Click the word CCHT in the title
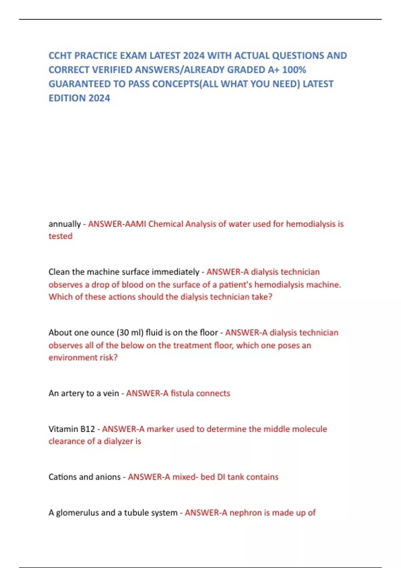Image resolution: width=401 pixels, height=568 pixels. [60, 55]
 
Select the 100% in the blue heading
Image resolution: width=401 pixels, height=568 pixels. [294, 70]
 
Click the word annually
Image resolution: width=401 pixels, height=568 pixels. [64, 224]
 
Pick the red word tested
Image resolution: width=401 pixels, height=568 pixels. [60, 236]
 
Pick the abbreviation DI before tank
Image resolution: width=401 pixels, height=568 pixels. [221, 477]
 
